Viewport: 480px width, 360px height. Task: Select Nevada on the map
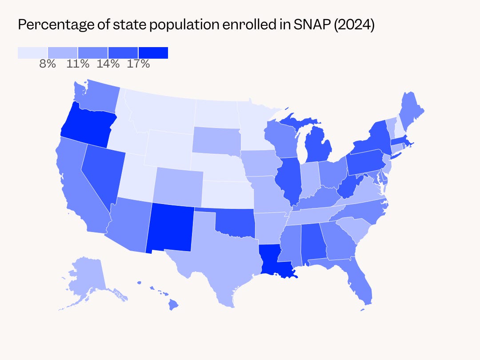tap(100, 173)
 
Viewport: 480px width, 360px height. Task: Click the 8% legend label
tap(48, 64)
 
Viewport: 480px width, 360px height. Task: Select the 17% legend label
tap(138, 64)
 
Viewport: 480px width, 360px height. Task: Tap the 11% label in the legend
tap(78, 64)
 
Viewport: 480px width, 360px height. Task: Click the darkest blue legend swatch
tap(153, 53)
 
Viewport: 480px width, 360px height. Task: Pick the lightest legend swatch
tap(32, 53)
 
